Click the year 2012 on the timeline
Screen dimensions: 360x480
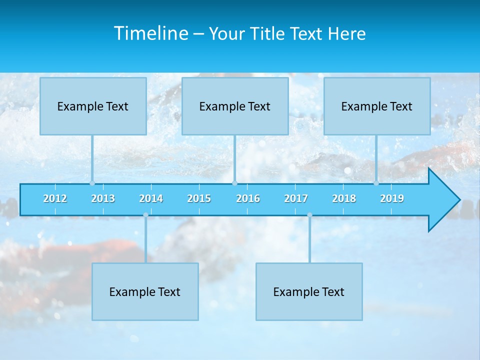coord(55,198)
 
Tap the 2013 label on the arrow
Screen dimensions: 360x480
coord(103,198)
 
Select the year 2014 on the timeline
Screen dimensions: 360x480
coord(151,198)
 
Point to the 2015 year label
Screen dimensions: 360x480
coord(199,198)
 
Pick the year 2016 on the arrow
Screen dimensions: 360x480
coord(248,198)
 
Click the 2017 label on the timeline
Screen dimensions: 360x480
coord(296,198)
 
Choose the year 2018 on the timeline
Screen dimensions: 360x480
coord(344,198)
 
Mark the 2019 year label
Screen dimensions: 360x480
coord(392,198)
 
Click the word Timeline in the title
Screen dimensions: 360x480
coord(150,33)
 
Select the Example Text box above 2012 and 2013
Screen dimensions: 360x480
coord(93,106)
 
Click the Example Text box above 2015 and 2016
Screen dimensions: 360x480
coord(235,106)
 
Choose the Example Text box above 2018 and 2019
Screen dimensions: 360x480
coord(377,106)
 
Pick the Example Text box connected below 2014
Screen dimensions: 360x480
coord(145,291)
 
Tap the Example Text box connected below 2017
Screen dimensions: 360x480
coord(309,291)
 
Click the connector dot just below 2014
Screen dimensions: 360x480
coord(145,215)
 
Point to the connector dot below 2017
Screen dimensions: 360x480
coord(309,215)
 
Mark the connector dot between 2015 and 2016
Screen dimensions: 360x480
coord(234,183)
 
